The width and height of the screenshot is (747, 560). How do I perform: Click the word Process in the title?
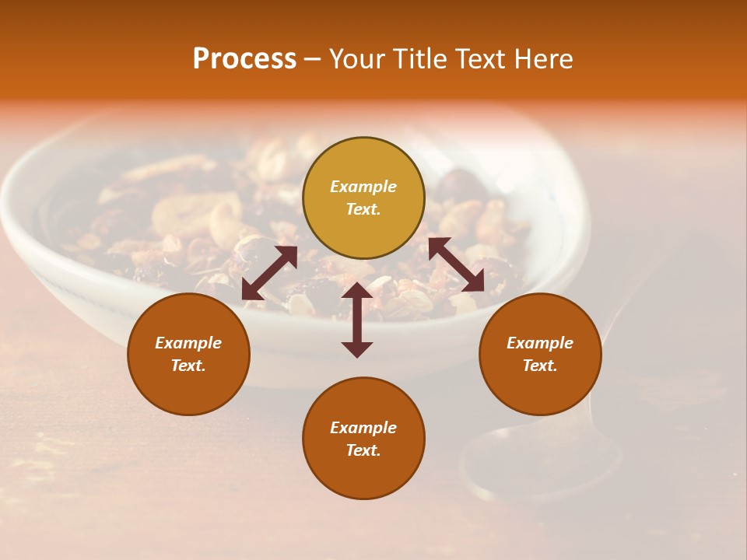pos(244,59)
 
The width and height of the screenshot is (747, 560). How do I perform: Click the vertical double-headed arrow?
pos(357,320)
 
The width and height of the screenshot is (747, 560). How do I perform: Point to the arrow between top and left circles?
pos(269,273)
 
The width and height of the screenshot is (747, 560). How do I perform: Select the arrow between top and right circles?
pos(456,264)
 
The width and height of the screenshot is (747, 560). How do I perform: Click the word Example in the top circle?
pos(363,187)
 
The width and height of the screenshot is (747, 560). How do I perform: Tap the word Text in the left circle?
pos(188,366)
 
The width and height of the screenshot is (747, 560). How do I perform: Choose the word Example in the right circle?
pos(540,343)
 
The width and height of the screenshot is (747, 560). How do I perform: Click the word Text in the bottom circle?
pos(363,450)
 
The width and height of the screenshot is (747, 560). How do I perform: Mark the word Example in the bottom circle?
pos(363,428)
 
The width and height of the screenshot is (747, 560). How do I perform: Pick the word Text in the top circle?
pos(363,209)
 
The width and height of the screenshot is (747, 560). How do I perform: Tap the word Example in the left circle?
pos(188,343)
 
